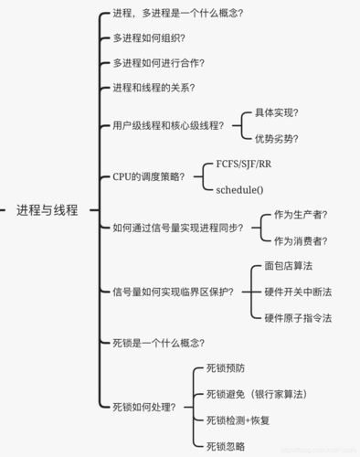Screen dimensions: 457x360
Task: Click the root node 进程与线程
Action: (x=48, y=209)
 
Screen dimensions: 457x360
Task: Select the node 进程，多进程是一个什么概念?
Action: (x=177, y=14)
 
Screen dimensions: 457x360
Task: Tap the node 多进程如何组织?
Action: (x=148, y=38)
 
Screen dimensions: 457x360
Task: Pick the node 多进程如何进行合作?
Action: (x=158, y=63)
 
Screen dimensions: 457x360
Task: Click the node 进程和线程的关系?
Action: (x=154, y=88)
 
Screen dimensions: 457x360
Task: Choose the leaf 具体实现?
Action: (x=276, y=112)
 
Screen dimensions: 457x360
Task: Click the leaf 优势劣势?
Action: (x=276, y=138)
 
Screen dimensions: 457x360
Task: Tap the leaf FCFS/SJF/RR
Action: (x=243, y=164)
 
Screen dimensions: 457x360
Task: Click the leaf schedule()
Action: (x=239, y=189)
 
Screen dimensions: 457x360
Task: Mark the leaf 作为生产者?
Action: (x=301, y=215)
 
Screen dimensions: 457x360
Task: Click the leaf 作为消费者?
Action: (x=301, y=240)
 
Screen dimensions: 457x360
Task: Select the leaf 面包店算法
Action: (x=288, y=266)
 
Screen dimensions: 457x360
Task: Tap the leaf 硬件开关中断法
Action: (x=298, y=292)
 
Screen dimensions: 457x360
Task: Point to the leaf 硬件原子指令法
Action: (x=298, y=317)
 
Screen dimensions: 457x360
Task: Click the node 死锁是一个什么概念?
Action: (x=158, y=343)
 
